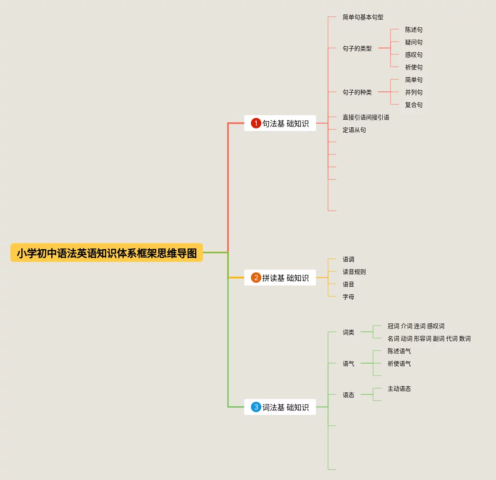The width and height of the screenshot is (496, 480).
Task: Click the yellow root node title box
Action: (x=107, y=253)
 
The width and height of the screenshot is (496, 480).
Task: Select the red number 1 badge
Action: (x=256, y=123)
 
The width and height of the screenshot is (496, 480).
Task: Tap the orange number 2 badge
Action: (x=256, y=278)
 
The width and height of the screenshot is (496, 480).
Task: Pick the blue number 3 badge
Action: (x=256, y=407)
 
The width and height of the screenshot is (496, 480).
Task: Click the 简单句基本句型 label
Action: (x=363, y=17)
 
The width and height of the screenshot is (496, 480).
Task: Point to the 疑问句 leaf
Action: (x=413, y=42)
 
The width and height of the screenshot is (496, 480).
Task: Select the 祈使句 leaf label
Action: (x=413, y=67)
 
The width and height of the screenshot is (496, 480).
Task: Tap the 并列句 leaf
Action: (x=413, y=92)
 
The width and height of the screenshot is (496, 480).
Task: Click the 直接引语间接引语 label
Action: (x=366, y=117)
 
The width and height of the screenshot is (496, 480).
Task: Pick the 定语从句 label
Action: (x=354, y=130)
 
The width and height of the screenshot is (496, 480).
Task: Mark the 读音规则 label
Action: (x=354, y=272)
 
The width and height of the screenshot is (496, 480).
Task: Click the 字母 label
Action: (x=348, y=297)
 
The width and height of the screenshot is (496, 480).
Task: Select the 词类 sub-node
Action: (x=348, y=332)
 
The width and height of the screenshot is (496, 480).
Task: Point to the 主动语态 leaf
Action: (x=399, y=389)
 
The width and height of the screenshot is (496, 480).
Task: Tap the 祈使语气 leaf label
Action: (x=399, y=364)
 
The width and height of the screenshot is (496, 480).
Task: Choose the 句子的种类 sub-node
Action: (x=357, y=92)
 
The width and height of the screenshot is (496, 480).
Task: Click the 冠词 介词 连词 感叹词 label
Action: (x=416, y=326)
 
